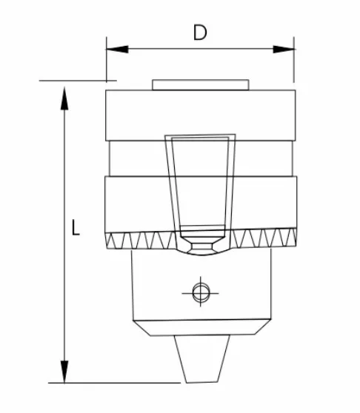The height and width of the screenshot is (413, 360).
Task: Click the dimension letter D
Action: [199, 33]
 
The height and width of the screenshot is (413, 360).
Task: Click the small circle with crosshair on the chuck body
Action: [199, 292]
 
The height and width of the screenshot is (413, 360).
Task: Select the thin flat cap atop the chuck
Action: [199, 85]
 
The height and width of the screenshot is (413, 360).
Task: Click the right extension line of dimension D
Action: [293, 63]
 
